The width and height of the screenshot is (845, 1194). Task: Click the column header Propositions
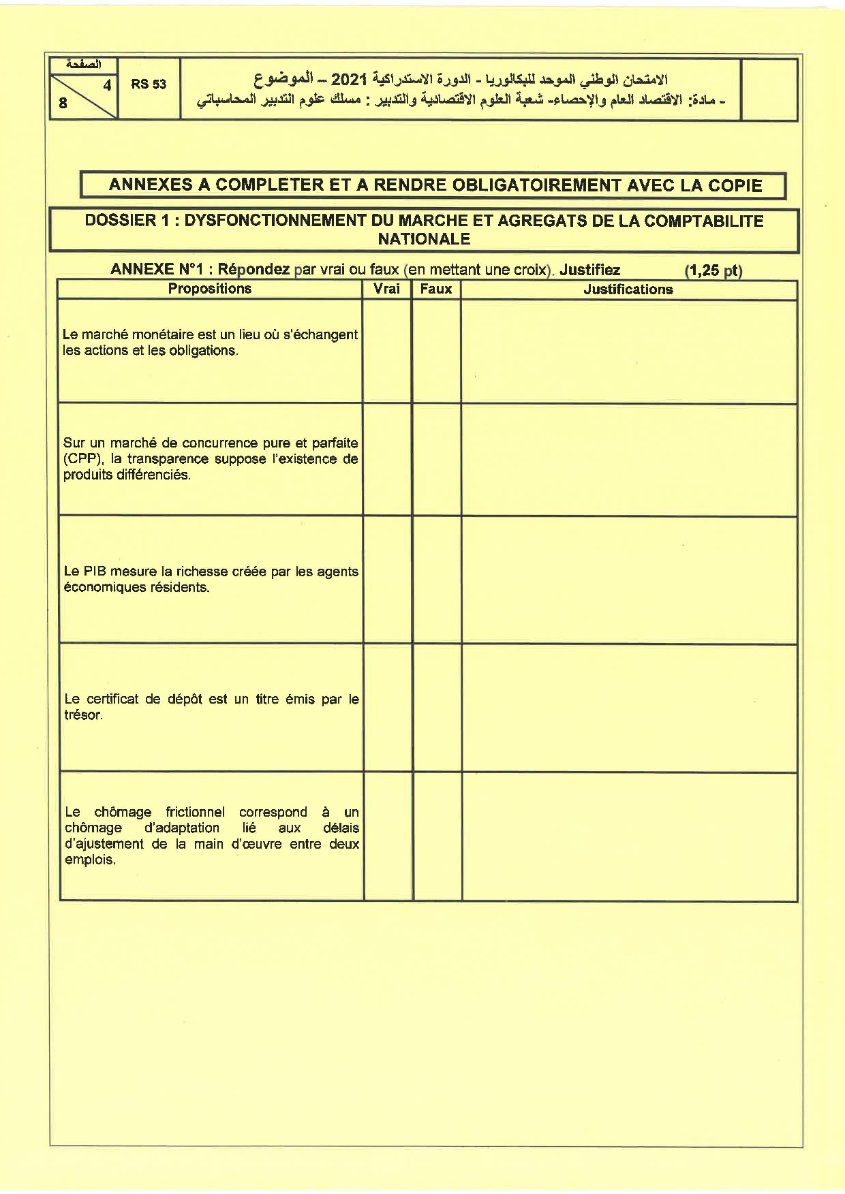click(x=209, y=289)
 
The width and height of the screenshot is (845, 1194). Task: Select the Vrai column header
click(x=386, y=289)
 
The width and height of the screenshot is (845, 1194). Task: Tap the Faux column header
click(x=436, y=289)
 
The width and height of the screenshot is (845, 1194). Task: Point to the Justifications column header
click(x=628, y=289)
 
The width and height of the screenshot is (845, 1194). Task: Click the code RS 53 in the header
click(x=149, y=84)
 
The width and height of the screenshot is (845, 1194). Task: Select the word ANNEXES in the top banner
click(x=149, y=185)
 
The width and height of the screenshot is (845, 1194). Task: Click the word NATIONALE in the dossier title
click(x=424, y=239)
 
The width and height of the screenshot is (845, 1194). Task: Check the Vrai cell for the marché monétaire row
click(x=386, y=351)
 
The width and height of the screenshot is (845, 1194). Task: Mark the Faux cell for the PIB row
click(x=437, y=580)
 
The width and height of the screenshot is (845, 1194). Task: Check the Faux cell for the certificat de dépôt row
click(x=437, y=708)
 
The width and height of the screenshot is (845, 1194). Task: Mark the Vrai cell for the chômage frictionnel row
click(x=387, y=836)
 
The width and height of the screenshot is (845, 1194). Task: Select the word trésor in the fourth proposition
click(x=83, y=715)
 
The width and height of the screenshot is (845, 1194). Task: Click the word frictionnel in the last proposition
click(x=195, y=812)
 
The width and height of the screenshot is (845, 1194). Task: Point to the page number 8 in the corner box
click(x=63, y=104)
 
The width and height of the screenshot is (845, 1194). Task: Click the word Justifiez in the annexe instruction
click(x=589, y=270)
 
